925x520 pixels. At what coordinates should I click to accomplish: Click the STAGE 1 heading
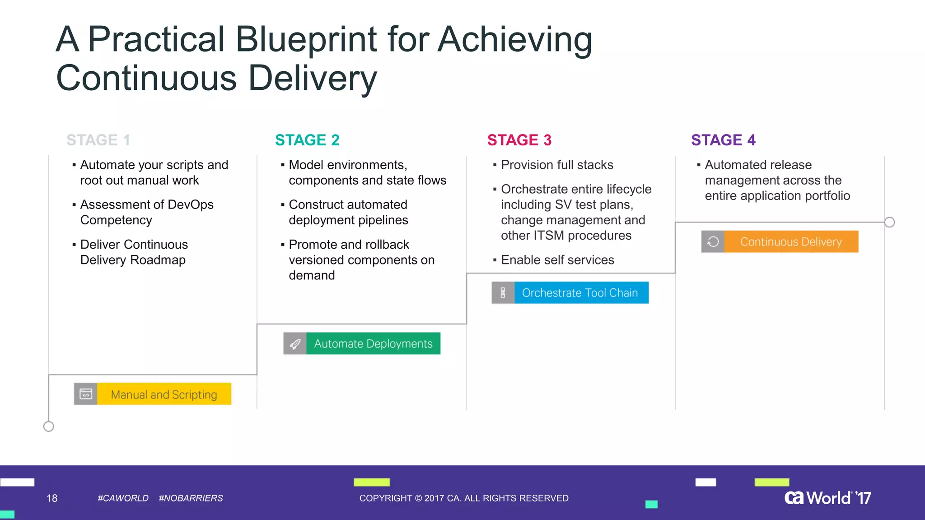point(98,140)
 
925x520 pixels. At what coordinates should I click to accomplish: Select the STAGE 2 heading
point(307,140)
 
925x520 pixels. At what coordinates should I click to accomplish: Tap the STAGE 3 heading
point(519,140)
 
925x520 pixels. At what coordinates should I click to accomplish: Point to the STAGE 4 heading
point(723,140)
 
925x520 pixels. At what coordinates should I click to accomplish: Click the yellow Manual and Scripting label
point(164,394)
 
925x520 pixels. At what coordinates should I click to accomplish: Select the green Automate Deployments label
point(373,344)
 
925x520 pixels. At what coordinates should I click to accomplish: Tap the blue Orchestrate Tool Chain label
point(580,292)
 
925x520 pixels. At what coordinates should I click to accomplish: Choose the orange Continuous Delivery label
point(791,241)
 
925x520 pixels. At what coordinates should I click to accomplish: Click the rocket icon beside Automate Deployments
point(295,344)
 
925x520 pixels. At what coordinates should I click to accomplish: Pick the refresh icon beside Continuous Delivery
point(713,241)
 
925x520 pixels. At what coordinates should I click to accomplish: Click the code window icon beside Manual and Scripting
point(86,394)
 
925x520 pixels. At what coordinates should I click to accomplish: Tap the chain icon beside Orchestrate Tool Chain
point(503,292)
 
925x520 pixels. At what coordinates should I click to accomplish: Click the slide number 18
point(52,498)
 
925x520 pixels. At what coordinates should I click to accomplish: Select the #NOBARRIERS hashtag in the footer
point(191,498)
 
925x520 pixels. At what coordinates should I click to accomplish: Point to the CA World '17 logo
point(827,497)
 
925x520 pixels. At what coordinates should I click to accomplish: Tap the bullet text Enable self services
point(557,260)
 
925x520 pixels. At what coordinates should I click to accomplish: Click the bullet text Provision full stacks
point(557,165)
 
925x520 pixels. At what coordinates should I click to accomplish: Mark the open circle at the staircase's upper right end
point(889,222)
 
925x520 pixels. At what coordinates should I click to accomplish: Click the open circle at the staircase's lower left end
point(49,426)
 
